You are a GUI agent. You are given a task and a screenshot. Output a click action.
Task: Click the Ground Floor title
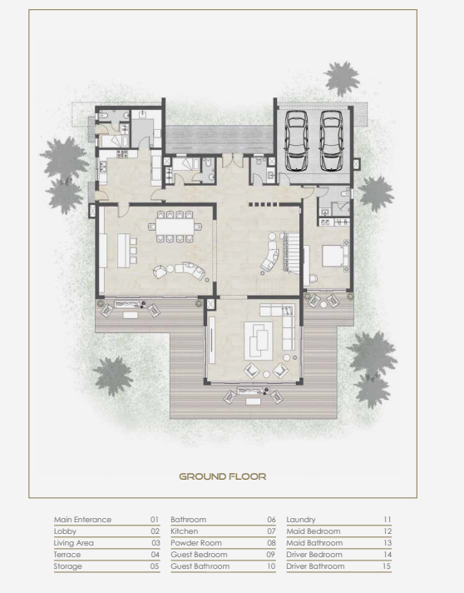click(222, 476)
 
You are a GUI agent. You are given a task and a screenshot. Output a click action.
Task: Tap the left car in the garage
click(297, 141)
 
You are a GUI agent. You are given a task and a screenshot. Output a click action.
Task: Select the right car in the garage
click(331, 141)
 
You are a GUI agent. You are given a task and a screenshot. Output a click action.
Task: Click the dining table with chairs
click(175, 227)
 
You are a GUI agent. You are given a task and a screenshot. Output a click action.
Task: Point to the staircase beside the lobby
click(291, 252)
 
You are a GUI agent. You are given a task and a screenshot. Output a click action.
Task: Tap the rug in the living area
click(259, 341)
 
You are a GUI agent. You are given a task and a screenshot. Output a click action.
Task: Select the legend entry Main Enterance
click(82, 520)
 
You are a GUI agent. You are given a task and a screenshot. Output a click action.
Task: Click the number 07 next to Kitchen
click(271, 531)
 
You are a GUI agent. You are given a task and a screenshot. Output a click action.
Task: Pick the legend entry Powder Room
click(196, 543)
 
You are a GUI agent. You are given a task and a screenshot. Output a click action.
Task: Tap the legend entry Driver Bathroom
click(315, 566)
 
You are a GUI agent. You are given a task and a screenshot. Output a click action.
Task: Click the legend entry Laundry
click(301, 520)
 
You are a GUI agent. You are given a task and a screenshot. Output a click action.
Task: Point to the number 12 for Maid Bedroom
click(387, 531)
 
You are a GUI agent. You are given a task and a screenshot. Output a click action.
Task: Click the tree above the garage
click(342, 78)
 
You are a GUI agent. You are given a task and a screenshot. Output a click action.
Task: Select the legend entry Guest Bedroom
click(199, 555)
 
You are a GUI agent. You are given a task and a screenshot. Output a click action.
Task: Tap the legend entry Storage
click(68, 567)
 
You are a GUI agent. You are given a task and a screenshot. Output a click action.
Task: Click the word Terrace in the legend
click(67, 555)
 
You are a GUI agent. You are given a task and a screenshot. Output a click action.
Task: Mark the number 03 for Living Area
click(155, 543)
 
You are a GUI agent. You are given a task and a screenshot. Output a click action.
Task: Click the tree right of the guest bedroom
click(376, 193)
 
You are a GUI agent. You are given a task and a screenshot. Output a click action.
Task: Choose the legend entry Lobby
click(65, 531)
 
